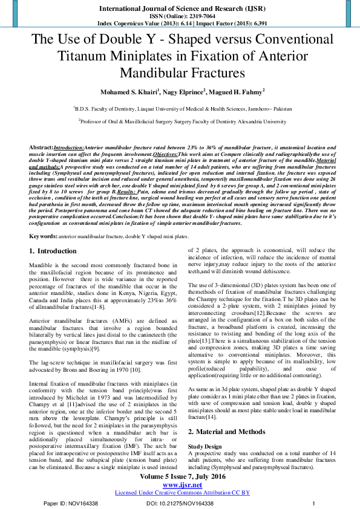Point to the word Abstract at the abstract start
(x=41, y=148)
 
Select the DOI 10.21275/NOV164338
(x=180, y=503)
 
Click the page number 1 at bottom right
(x=313, y=503)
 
